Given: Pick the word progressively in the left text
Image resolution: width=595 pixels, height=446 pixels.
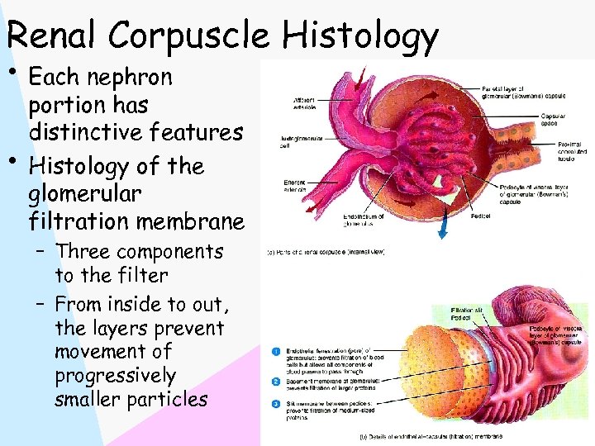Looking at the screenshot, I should click(x=115, y=377).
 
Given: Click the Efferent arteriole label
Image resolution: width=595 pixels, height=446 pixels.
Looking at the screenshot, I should click(x=296, y=185).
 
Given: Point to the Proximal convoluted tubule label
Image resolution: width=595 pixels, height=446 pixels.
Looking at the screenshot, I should click(x=568, y=151).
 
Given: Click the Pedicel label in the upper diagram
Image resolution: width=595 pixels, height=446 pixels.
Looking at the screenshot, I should click(x=480, y=216).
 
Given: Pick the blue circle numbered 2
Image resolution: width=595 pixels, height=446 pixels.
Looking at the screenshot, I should click(x=274, y=382).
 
